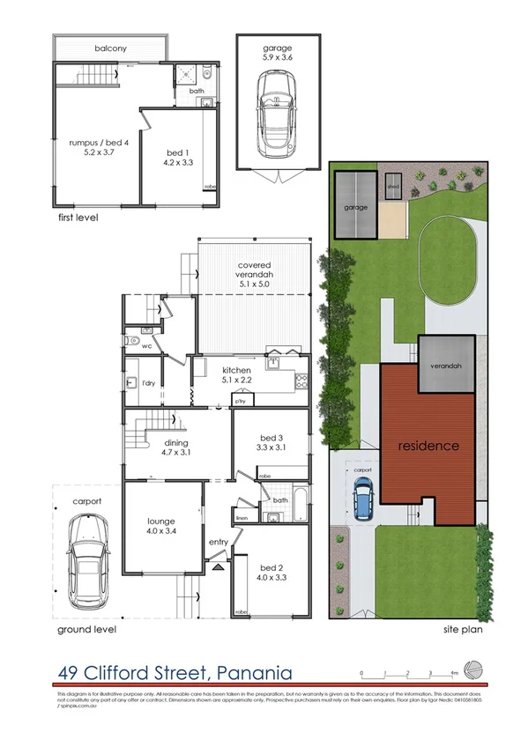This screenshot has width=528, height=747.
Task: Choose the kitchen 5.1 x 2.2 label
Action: pyautogui.click(x=238, y=375)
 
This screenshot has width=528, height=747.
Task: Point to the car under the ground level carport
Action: pyautogui.click(x=88, y=554)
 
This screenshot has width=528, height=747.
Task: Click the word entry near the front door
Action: pyautogui.click(x=218, y=543)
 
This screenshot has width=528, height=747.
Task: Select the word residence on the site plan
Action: pyautogui.click(x=428, y=446)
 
